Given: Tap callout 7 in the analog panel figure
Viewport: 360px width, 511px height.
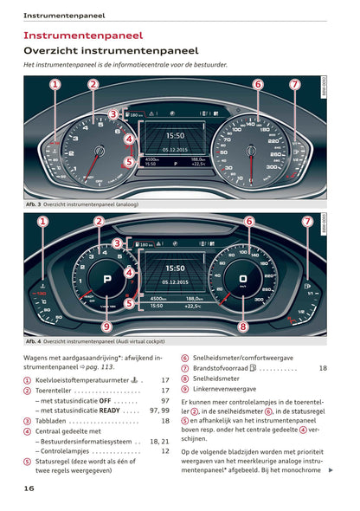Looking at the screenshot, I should pyautogui.click(x=295, y=85).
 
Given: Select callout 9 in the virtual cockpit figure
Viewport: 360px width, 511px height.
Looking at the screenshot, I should pyautogui.click(x=106, y=327).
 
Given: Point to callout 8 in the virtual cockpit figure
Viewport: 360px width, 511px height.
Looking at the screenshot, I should pyautogui.click(x=243, y=327).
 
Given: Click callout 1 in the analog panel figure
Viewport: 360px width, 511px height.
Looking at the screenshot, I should pyautogui.click(x=55, y=85).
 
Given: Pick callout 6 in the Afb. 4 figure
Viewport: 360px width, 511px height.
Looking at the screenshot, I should pyautogui.click(x=248, y=222).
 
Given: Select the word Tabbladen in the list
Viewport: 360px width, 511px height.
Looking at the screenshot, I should pyautogui.click(x=54, y=420).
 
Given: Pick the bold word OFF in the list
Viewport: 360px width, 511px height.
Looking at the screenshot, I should pyautogui.click(x=105, y=400).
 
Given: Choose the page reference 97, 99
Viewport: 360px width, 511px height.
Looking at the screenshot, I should pyautogui.click(x=158, y=410).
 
